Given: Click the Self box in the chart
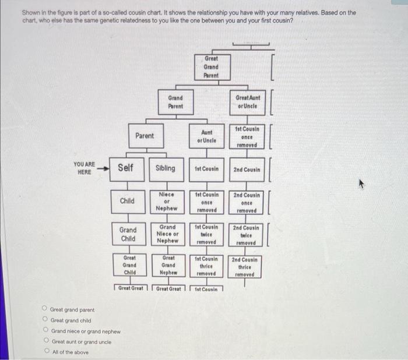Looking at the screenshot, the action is tap(126, 168).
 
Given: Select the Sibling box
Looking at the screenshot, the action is tap(165, 168).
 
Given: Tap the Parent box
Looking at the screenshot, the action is tap(145, 136).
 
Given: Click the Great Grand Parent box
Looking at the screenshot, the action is tap(210, 67).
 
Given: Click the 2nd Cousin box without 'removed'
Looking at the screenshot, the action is tap(248, 170).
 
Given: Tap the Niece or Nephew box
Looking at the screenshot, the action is tap(167, 201).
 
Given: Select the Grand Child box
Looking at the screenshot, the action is tap(128, 234).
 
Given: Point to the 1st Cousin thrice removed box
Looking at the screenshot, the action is tap(206, 266).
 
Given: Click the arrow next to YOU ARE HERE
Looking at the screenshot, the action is tap(103, 168).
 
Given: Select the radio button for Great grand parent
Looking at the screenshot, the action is tap(44, 310).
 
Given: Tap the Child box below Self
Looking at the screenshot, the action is tap(127, 201).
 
